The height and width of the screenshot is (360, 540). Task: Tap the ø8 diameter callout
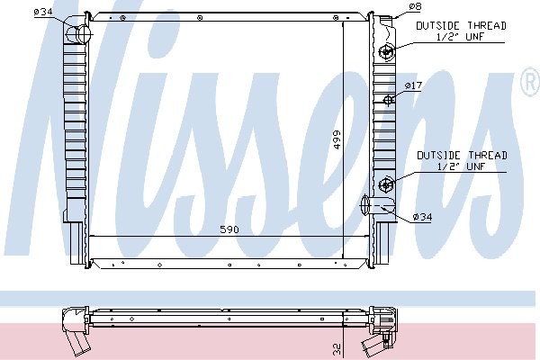[x=415, y=7]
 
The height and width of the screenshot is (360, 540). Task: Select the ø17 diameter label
[x=413, y=85]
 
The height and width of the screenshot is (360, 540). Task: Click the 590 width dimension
[x=230, y=230]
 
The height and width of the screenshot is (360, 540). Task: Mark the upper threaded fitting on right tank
[x=387, y=51]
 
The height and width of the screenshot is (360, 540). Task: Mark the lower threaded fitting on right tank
[x=387, y=185]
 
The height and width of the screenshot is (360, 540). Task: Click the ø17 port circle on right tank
[x=387, y=99]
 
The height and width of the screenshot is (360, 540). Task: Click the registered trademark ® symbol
[x=528, y=84]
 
